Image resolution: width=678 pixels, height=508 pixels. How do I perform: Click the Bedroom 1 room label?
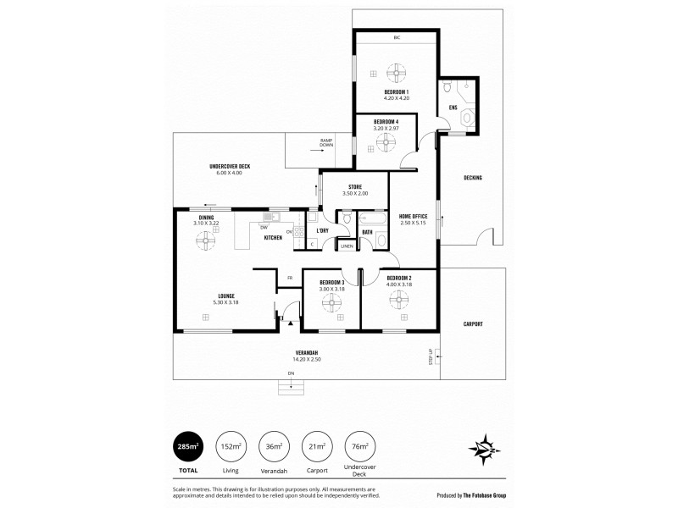click(x=396, y=91)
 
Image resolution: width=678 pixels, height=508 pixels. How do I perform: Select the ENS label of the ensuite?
click(x=453, y=108)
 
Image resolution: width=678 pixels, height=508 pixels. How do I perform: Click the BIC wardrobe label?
click(x=396, y=38)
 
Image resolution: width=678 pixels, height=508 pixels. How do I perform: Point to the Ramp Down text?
click(x=326, y=142)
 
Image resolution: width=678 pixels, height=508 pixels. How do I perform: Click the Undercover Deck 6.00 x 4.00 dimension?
click(x=229, y=173)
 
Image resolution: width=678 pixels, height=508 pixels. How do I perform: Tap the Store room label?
click(x=356, y=187)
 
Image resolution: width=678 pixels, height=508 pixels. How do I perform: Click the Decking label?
click(x=473, y=178)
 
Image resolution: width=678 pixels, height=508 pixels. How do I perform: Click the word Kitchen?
click(x=273, y=238)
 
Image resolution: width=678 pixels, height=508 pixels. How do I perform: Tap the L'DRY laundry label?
click(x=322, y=230)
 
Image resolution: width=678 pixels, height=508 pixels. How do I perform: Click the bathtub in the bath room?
click(x=371, y=218)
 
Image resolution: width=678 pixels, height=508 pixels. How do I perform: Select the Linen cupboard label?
click(x=347, y=246)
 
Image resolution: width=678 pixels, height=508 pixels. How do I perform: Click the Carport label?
click(x=473, y=323)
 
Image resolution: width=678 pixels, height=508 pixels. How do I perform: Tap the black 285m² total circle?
click(x=188, y=447)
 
